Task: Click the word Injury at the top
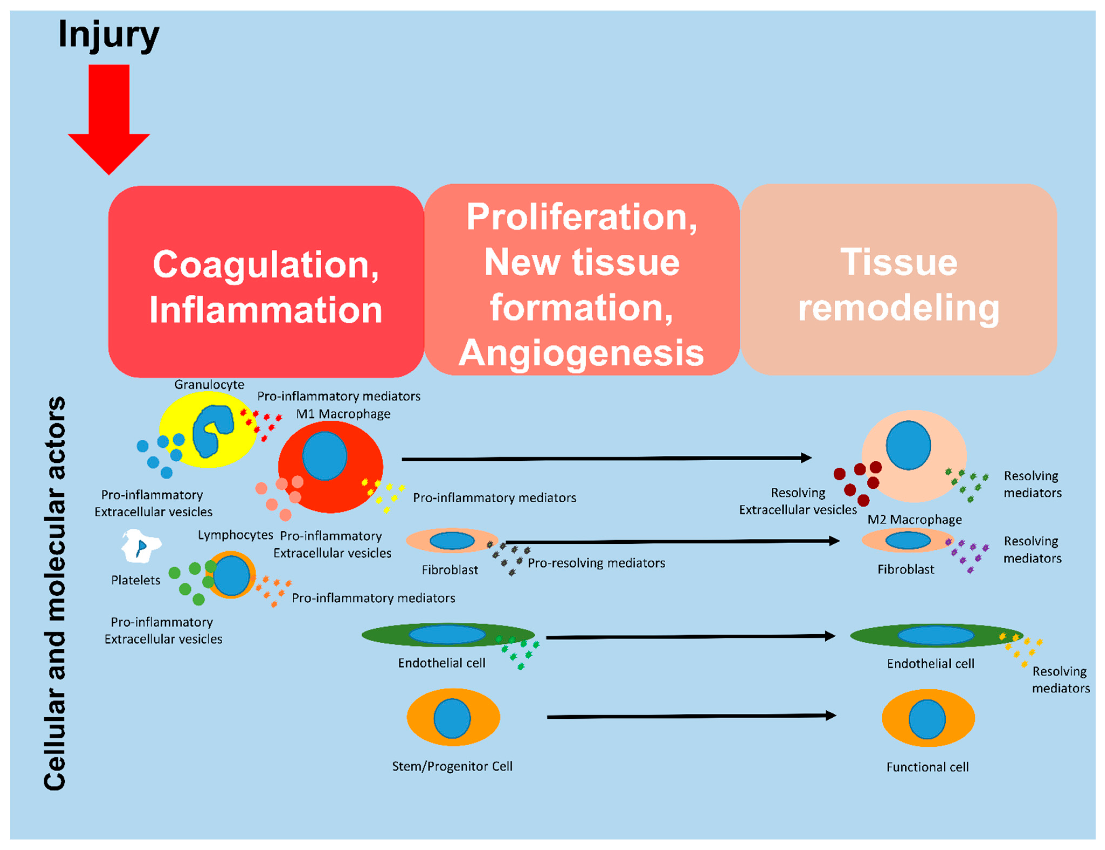click(x=109, y=35)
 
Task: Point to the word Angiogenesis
click(x=581, y=353)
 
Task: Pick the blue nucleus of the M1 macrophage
click(x=325, y=455)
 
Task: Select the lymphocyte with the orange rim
click(x=231, y=575)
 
